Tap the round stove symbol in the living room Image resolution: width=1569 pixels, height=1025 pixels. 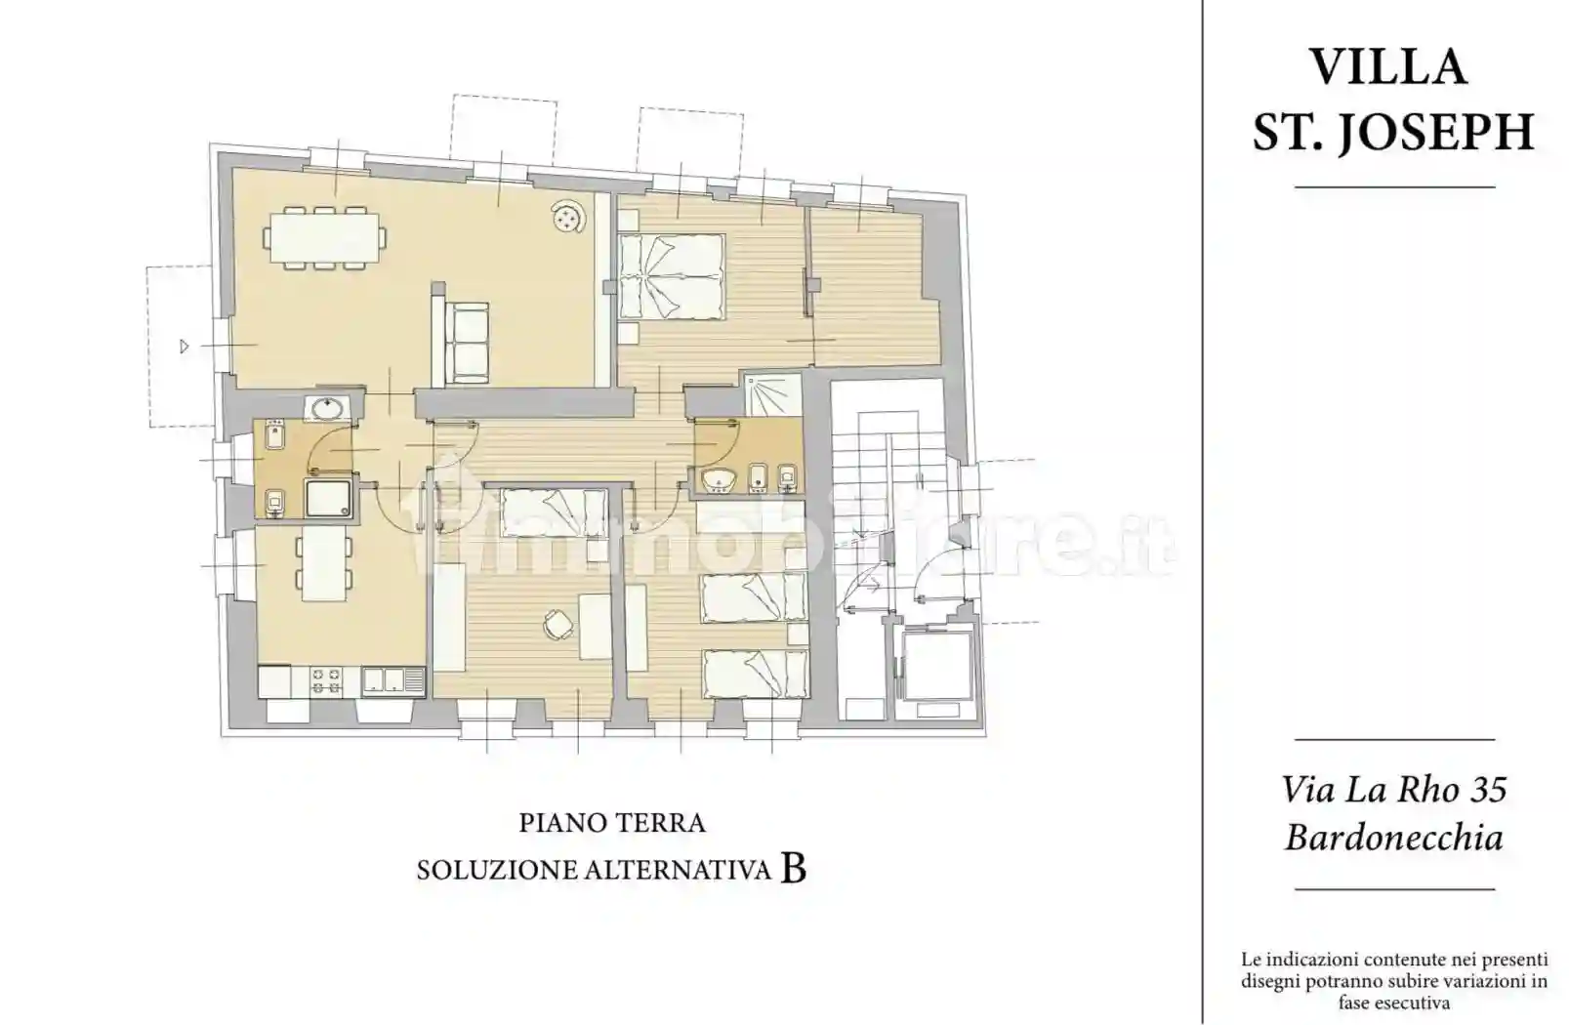567,219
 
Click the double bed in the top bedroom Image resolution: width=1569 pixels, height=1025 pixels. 673,277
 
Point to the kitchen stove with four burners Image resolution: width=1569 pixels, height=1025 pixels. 327,680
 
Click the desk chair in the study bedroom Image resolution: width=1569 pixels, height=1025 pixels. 557,625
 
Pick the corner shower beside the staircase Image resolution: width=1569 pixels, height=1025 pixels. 771,394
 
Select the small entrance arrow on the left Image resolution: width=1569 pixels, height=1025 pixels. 184,346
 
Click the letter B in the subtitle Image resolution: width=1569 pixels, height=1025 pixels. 793,868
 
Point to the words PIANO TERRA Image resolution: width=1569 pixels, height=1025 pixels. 612,823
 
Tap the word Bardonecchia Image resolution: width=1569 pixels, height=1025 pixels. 1393,838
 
